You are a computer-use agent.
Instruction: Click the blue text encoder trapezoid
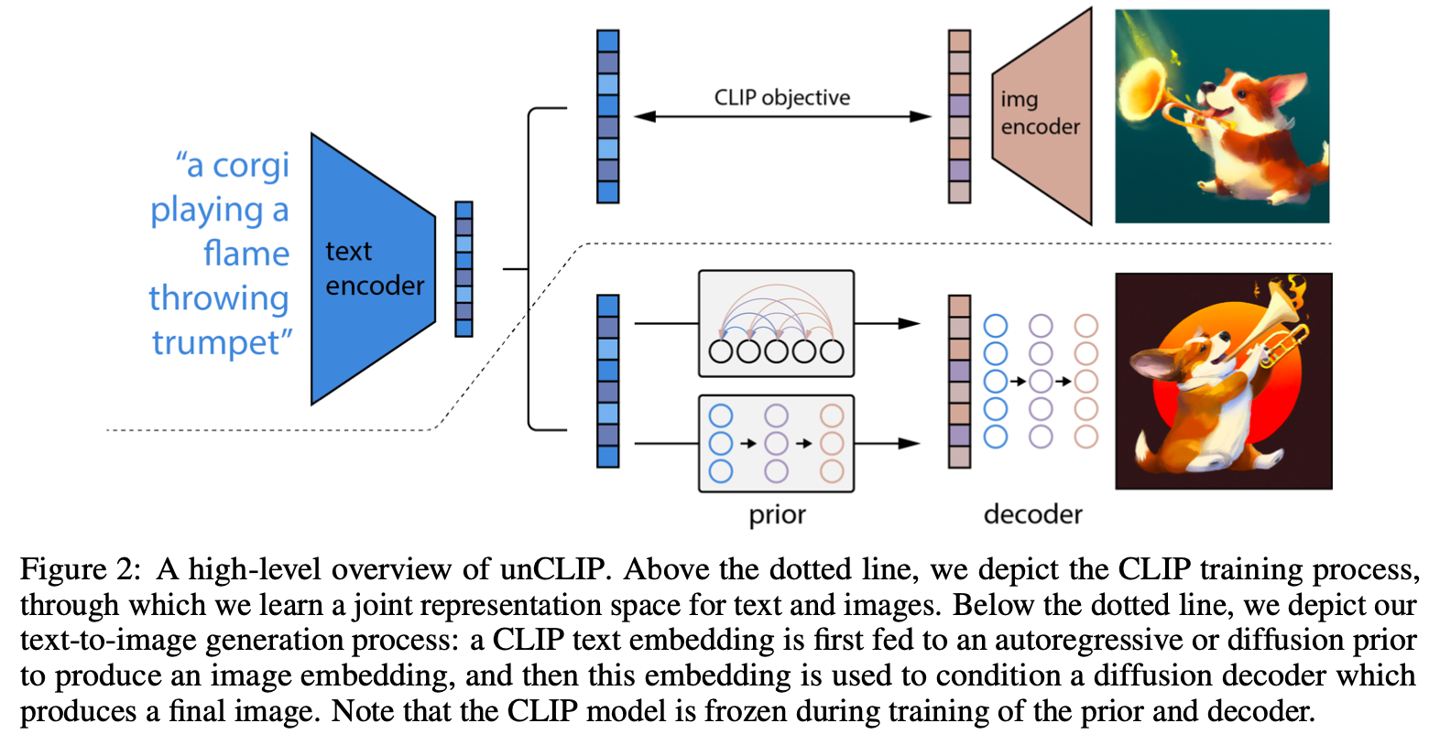(x=372, y=269)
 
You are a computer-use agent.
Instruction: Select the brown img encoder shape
(x=1042, y=115)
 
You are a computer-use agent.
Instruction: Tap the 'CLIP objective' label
(x=781, y=98)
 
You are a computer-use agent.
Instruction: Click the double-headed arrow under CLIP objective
(x=781, y=117)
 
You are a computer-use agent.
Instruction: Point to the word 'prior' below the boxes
(x=777, y=514)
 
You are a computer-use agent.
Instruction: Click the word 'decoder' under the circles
(x=1032, y=514)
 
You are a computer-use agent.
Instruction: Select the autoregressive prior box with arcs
(x=776, y=323)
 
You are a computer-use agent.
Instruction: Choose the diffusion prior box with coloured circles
(x=776, y=443)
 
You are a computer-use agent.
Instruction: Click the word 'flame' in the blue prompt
(x=246, y=254)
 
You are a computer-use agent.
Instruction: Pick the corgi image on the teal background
(x=1221, y=116)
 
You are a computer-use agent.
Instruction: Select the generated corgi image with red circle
(x=1223, y=381)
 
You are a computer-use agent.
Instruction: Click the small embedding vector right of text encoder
(x=464, y=269)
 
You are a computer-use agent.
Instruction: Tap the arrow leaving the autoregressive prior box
(x=886, y=323)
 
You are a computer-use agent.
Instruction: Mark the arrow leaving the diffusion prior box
(x=886, y=444)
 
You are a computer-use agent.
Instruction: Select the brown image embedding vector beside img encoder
(x=959, y=116)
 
